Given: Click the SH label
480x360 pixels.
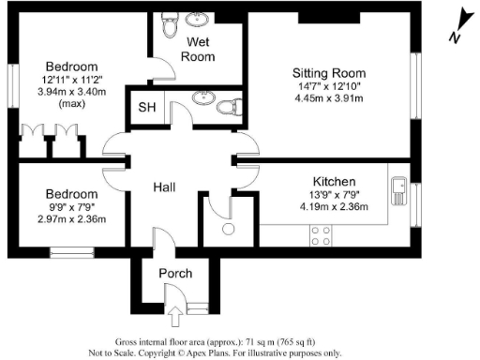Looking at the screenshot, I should click(x=146, y=107).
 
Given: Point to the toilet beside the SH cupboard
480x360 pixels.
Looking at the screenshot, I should click(x=226, y=107).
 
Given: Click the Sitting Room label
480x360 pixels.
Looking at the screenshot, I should click(x=328, y=73).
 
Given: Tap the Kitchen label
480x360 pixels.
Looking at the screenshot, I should click(x=333, y=182).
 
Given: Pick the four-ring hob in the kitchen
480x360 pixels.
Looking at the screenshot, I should click(x=320, y=234).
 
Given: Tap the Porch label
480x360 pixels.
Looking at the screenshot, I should click(x=175, y=274).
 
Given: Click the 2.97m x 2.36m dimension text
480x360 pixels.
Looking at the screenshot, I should click(x=59, y=219).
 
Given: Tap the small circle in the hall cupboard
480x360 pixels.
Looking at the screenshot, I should click(x=227, y=228).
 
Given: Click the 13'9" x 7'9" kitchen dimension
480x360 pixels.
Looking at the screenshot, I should click(x=333, y=195).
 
